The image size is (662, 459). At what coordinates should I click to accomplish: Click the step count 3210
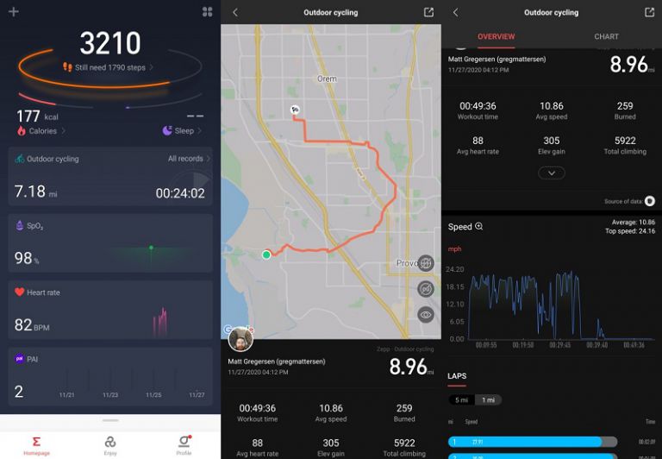[109, 43]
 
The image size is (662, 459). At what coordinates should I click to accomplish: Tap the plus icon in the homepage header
[13, 12]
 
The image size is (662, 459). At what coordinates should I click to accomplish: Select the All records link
[189, 159]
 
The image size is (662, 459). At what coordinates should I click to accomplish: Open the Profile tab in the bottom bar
[184, 444]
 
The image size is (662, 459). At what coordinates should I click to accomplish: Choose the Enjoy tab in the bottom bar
[110, 444]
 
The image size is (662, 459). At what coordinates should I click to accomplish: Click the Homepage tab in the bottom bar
[36, 444]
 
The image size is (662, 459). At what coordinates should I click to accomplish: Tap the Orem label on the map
[327, 79]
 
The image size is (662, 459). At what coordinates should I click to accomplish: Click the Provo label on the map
[407, 262]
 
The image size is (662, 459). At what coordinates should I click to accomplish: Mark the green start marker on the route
[266, 255]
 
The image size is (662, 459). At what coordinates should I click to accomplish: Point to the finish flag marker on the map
[294, 110]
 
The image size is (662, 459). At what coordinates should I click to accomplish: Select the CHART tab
[606, 36]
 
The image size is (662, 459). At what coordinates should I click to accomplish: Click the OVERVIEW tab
[496, 36]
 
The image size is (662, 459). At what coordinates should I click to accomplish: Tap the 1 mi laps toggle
[487, 400]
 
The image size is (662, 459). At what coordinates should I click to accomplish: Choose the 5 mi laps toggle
[461, 400]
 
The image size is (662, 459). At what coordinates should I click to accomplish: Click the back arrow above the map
[235, 12]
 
